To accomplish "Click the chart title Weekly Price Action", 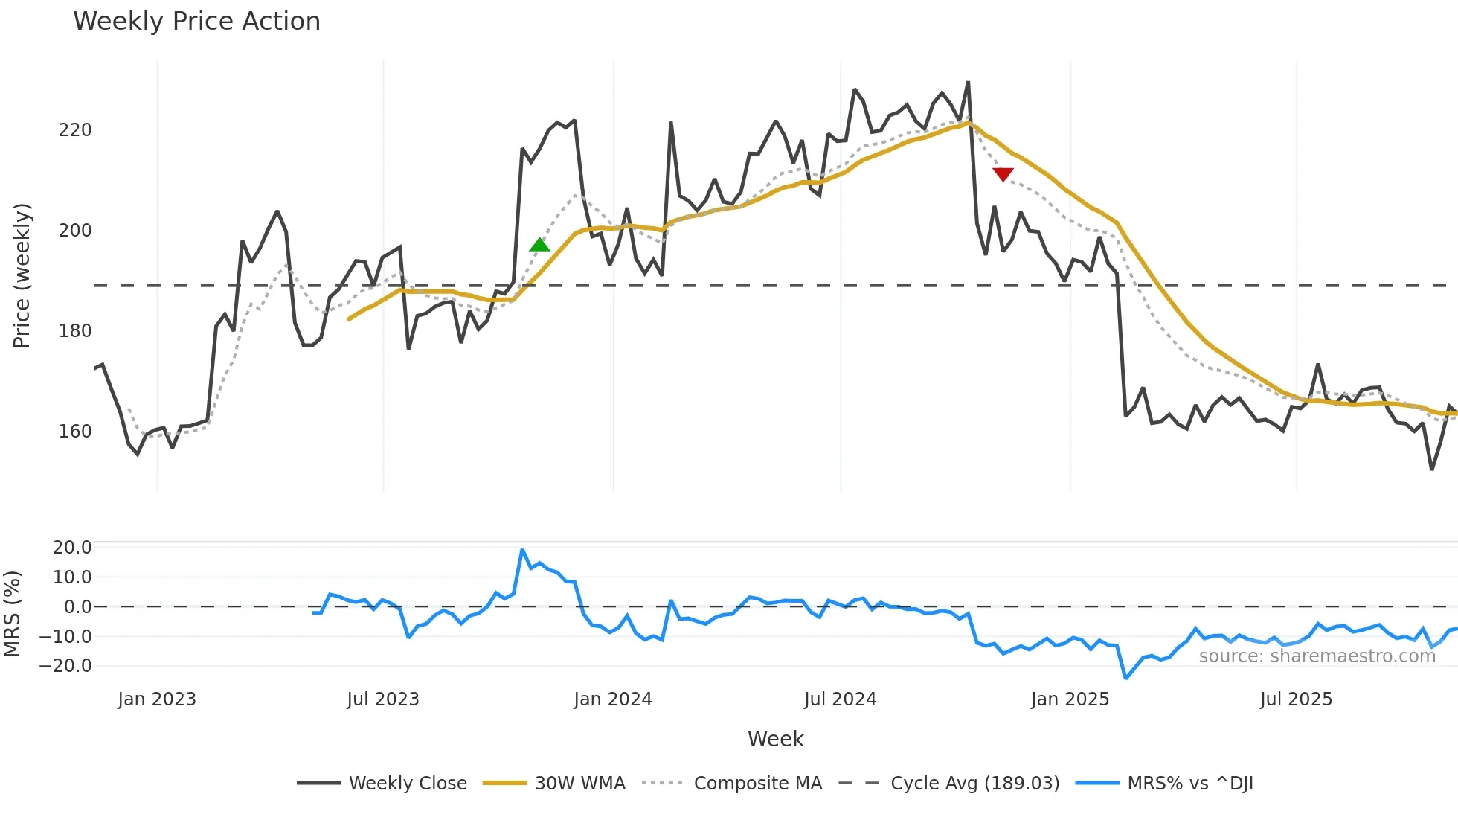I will pyautogui.click(x=196, y=22).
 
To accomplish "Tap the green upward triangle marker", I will pyautogui.click(x=539, y=245).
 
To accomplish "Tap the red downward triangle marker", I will pyautogui.click(x=1003, y=174).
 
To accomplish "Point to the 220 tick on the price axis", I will pyautogui.click(x=75, y=130).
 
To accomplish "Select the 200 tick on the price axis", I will pyautogui.click(x=75, y=231).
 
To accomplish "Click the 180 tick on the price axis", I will pyautogui.click(x=75, y=331).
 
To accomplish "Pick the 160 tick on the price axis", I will pyautogui.click(x=75, y=432).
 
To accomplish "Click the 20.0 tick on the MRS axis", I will pyautogui.click(x=72, y=548).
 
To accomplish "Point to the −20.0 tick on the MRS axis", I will pyautogui.click(x=66, y=666).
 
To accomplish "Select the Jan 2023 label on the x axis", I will pyautogui.click(x=157, y=699).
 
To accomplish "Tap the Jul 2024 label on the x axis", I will pyautogui.click(x=841, y=699).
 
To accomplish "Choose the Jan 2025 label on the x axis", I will pyautogui.click(x=1070, y=699).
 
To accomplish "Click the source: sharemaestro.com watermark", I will pyautogui.click(x=1317, y=656).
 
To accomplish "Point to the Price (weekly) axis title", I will pyautogui.click(x=22, y=275).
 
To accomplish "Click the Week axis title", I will pyautogui.click(x=775, y=739).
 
